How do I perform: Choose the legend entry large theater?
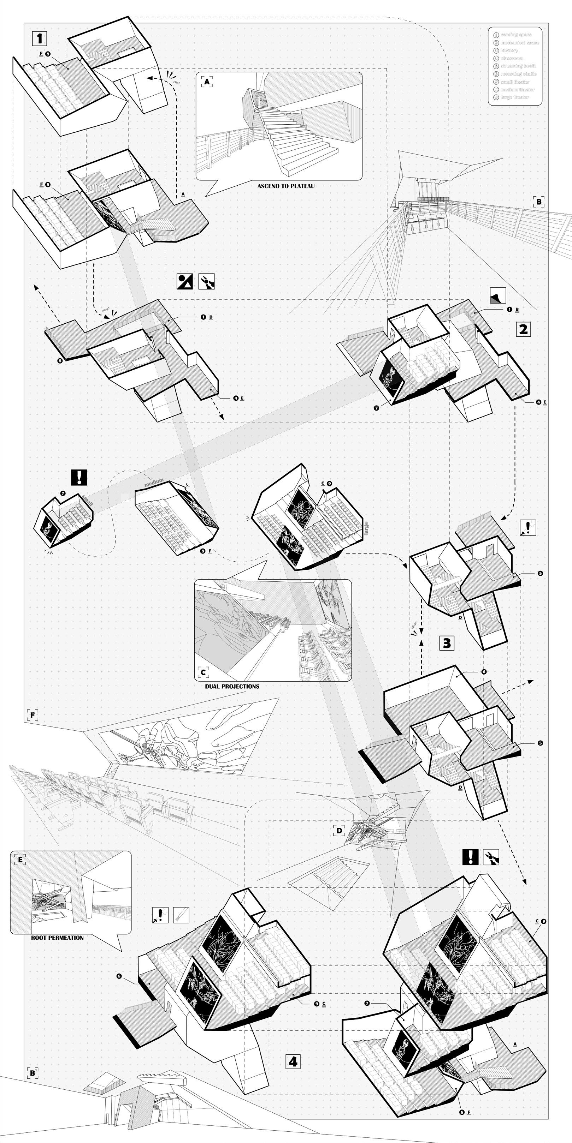515,97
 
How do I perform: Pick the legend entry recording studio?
518,74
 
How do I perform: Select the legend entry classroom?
512,58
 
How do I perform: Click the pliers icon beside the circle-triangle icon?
206,281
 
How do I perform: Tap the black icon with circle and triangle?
184,281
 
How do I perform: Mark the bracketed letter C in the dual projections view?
203,672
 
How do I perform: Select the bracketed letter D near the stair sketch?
339,830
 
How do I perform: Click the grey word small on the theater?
87,501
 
